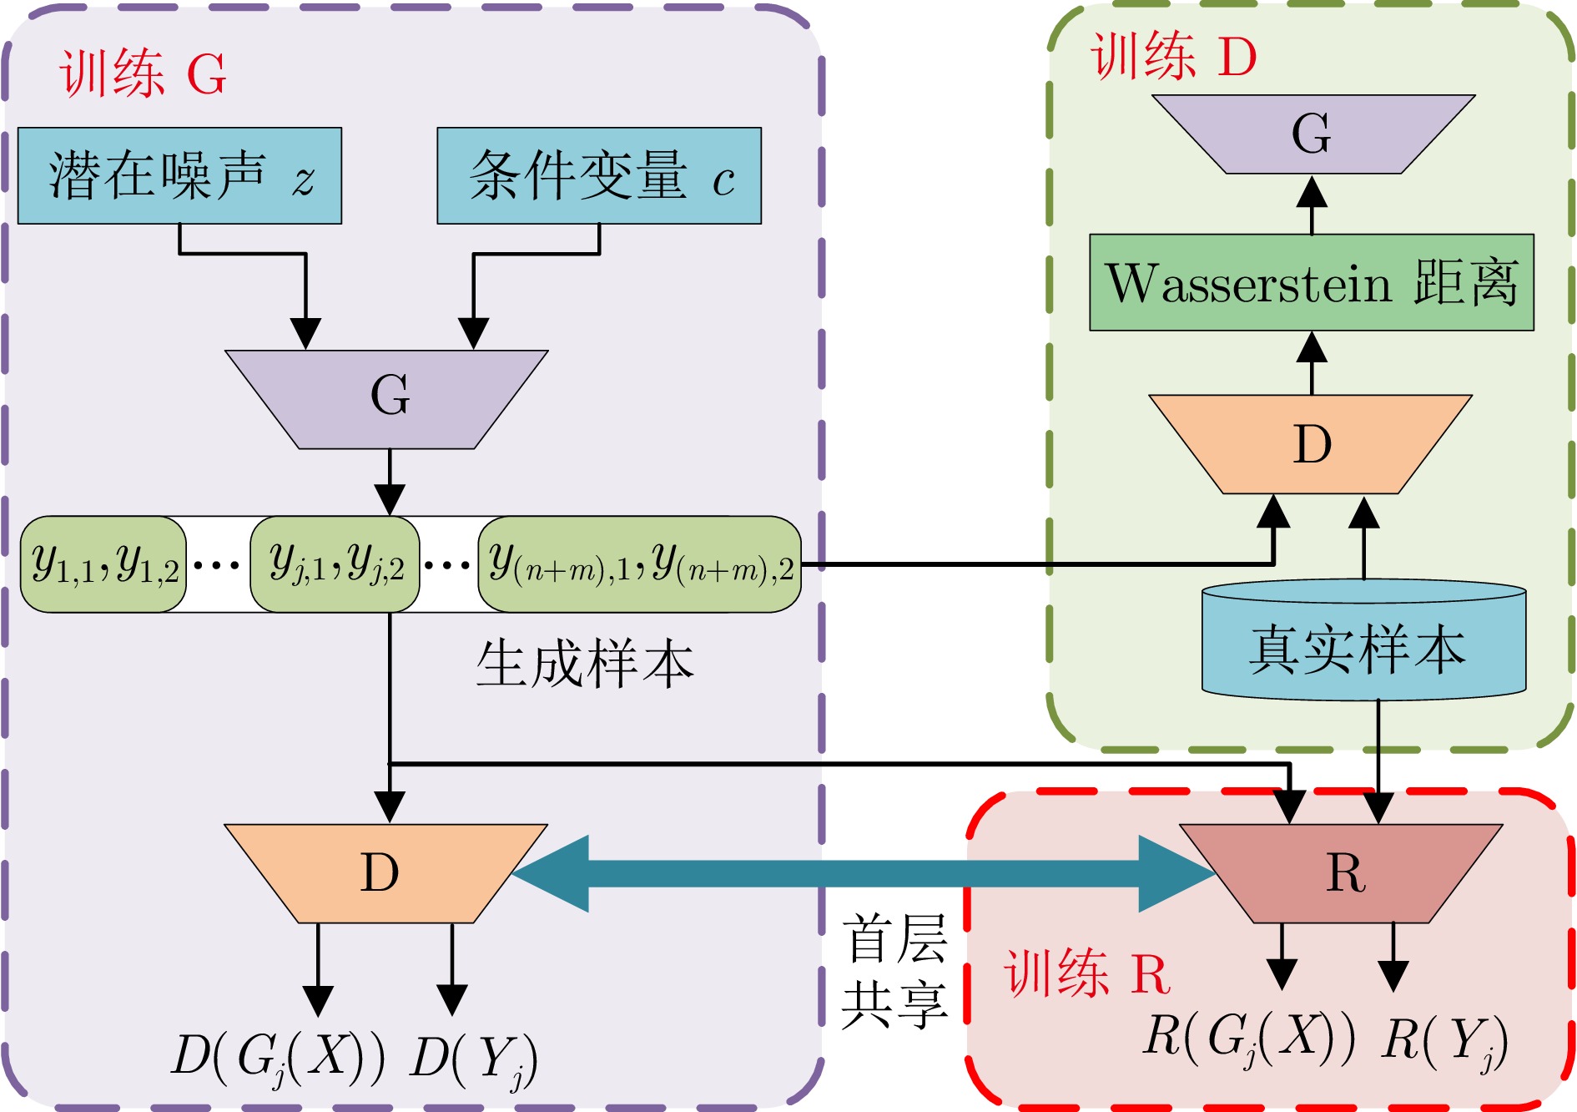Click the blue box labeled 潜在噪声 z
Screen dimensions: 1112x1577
coord(179,175)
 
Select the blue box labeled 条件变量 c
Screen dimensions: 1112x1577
coord(599,175)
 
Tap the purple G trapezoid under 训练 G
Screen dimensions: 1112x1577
coord(387,398)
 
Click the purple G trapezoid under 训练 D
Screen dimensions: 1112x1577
coord(1312,134)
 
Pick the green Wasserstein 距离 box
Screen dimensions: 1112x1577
coord(1312,282)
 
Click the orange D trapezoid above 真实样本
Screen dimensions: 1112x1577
coord(1311,443)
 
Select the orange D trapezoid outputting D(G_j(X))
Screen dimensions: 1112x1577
coord(385,873)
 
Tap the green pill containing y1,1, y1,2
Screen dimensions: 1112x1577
coord(103,564)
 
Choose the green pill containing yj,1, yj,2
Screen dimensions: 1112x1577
coord(335,564)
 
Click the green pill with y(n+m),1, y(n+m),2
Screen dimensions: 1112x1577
coord(639,564)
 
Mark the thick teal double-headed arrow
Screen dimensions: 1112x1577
coord(863,873)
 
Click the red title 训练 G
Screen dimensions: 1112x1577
coord(143,73)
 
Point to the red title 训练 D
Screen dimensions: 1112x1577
coord(1173,57)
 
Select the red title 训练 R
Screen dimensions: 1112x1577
coord(1087,973)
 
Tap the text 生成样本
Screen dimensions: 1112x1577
coord(585,665)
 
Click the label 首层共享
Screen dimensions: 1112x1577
coord(894,971)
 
